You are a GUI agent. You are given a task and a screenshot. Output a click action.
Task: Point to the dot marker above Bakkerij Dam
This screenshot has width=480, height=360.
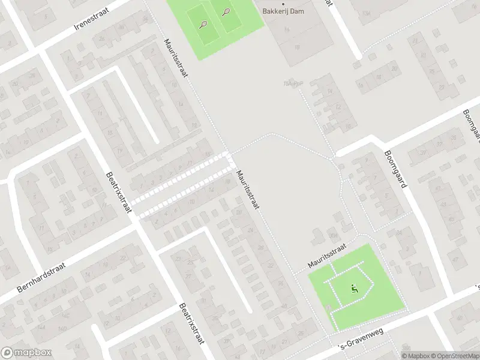coord(284,4)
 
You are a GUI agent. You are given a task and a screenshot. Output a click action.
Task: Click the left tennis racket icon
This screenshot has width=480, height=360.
coord(203,25)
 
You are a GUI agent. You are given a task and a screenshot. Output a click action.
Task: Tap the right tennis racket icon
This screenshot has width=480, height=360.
coord(226,11)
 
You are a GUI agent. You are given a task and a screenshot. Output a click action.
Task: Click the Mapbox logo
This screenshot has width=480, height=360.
coord(26,353)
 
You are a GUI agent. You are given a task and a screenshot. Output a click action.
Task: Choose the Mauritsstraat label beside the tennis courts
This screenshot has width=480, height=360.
coord(176,58)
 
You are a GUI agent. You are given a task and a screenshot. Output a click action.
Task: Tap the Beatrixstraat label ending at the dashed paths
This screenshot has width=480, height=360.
coord(119,191)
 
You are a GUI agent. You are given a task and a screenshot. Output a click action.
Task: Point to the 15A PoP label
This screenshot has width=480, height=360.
coord(291,84)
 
